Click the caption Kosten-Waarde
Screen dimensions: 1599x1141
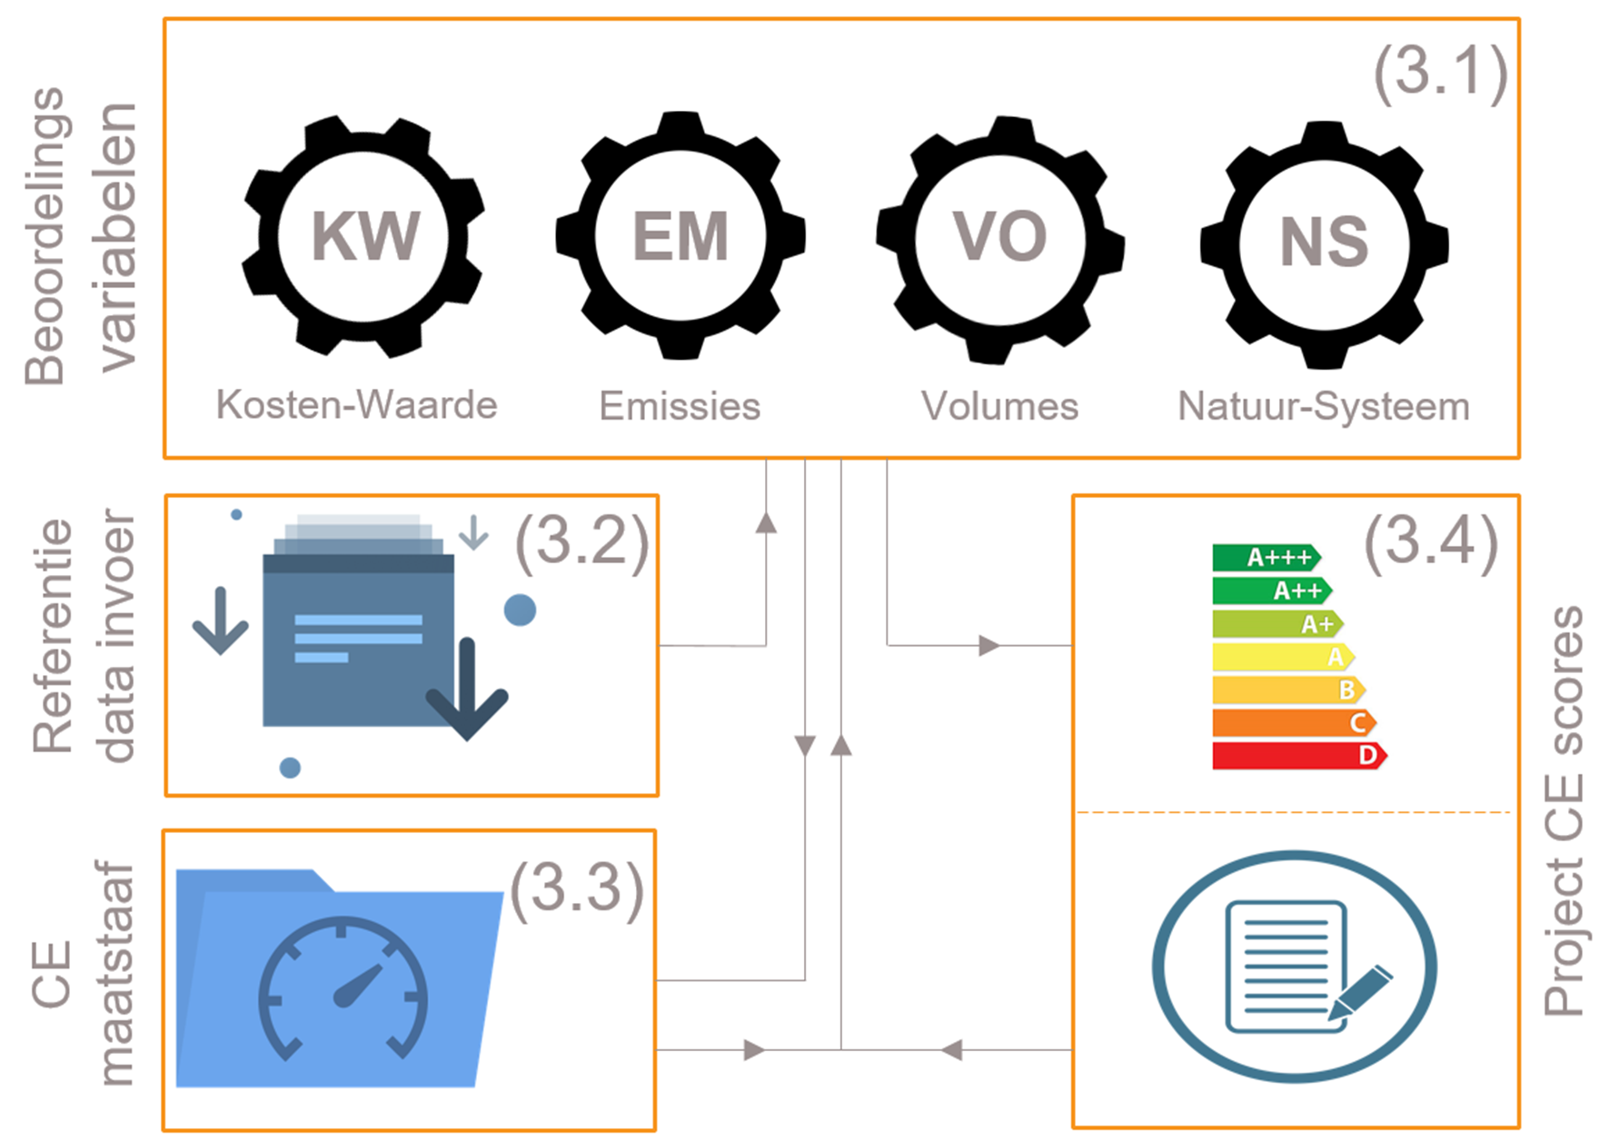357,405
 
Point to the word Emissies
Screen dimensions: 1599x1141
680,406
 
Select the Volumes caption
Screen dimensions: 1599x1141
1000,406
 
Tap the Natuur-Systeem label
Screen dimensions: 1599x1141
1324,407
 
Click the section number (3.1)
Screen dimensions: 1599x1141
1440,73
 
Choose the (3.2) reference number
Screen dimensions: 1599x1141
582,542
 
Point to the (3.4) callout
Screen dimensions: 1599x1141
1431,542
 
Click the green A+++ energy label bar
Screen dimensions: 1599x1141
1266,558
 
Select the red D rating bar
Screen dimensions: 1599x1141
1300,756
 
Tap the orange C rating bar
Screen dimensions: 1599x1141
1295,723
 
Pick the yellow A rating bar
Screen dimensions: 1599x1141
1284,657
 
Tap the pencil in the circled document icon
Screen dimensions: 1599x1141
1360,993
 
